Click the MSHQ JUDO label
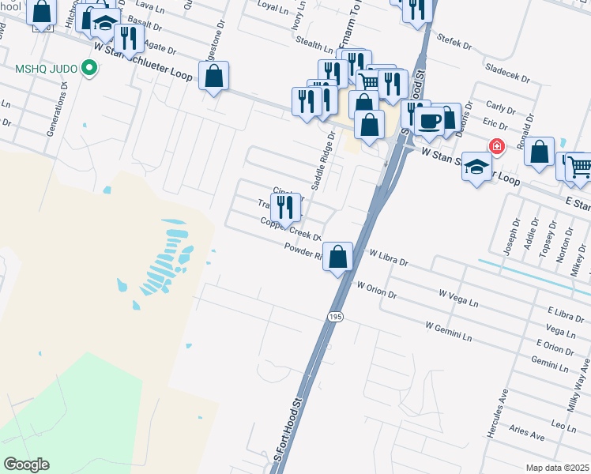click(45, 69)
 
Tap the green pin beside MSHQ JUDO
click(88, 69)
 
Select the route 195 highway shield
click(336, 316)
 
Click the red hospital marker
click(496, 146)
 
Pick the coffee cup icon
click(429, 120)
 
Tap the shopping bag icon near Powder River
click(338, 256)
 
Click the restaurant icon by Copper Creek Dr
click(286, 206)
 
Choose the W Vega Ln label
click(459, 297)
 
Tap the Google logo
click(27, 465)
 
